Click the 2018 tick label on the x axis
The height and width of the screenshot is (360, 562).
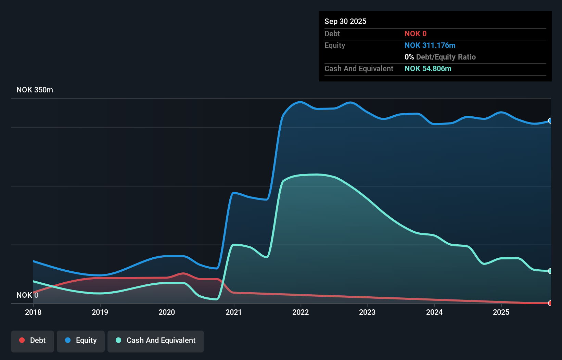(x=33, y=312)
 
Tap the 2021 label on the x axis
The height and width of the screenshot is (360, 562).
(x=234, y=312)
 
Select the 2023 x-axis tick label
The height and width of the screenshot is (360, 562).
(x=367, y=312)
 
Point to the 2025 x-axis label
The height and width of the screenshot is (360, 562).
(x=501, y=312)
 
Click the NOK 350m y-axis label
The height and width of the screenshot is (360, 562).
(x=35, y=90)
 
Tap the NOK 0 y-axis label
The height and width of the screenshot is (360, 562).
(x=27, y=295)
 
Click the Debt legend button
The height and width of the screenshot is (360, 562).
(x=33, y=340)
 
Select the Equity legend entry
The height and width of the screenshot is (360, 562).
(x=81, y=340)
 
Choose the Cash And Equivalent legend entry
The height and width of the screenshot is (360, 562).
(x=156, y=340)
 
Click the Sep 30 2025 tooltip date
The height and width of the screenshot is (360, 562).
(x=345, y=21)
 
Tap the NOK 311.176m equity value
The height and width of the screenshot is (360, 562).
(x=430, y=46)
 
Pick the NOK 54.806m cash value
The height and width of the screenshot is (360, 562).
(x=428, y=69)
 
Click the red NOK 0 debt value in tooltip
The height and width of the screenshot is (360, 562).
(x=416, y=34)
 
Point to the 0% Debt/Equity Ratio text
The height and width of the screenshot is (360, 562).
(x=440, y=57)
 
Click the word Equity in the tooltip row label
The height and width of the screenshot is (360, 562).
(x=335, y=46)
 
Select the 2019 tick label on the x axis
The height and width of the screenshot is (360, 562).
(x=100, y=312)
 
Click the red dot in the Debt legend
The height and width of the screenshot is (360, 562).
(x=22, y=340)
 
